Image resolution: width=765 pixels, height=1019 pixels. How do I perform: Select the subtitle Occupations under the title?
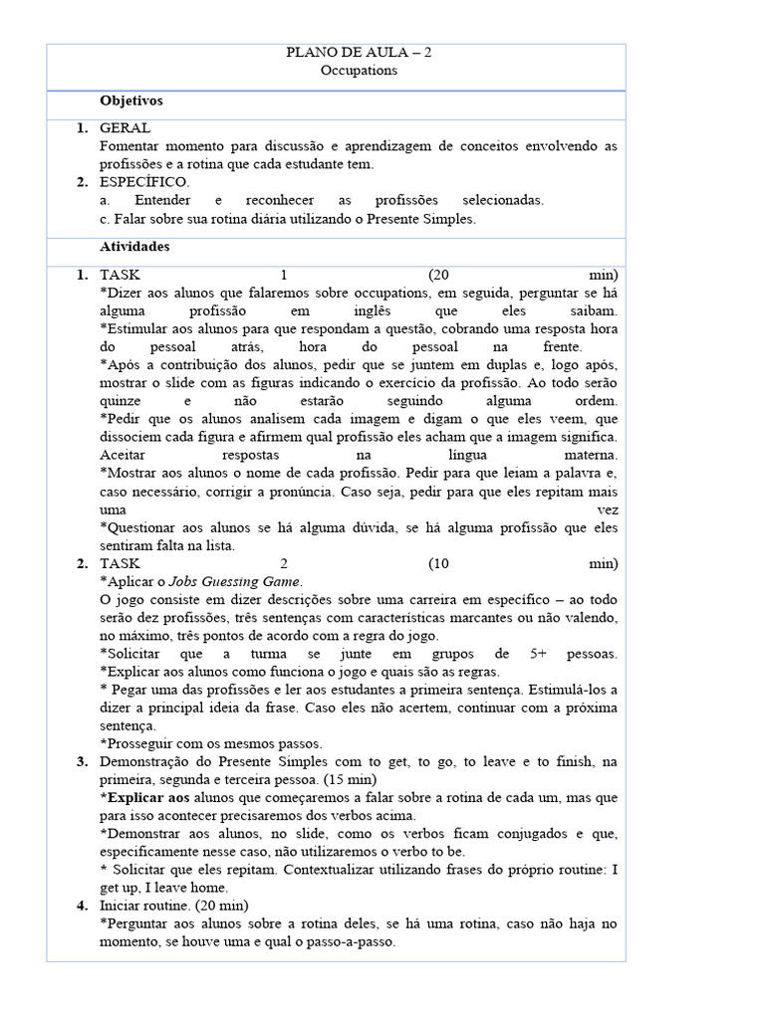click(x=359, y=71)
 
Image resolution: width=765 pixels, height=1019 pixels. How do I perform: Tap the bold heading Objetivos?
click(x=131, y=102)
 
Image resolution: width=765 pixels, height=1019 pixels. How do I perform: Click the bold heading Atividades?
click(x=134, y=246)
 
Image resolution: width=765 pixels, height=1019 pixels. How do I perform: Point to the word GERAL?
click(x=126, y=128)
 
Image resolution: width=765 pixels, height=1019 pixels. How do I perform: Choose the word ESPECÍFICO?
click(x=143, y=182)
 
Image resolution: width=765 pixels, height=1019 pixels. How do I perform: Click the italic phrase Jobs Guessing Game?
click(x=246, y=581)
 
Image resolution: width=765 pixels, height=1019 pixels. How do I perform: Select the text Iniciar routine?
click(x=146, y=906)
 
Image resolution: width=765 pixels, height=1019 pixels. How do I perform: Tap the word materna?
click(x=587, y=455)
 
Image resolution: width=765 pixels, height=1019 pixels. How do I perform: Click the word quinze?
click(x=123, y=400)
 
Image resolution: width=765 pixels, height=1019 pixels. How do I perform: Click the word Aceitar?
click(x=126, y=455)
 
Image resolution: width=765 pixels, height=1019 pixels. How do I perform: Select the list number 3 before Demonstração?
click(x=81, y=761)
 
